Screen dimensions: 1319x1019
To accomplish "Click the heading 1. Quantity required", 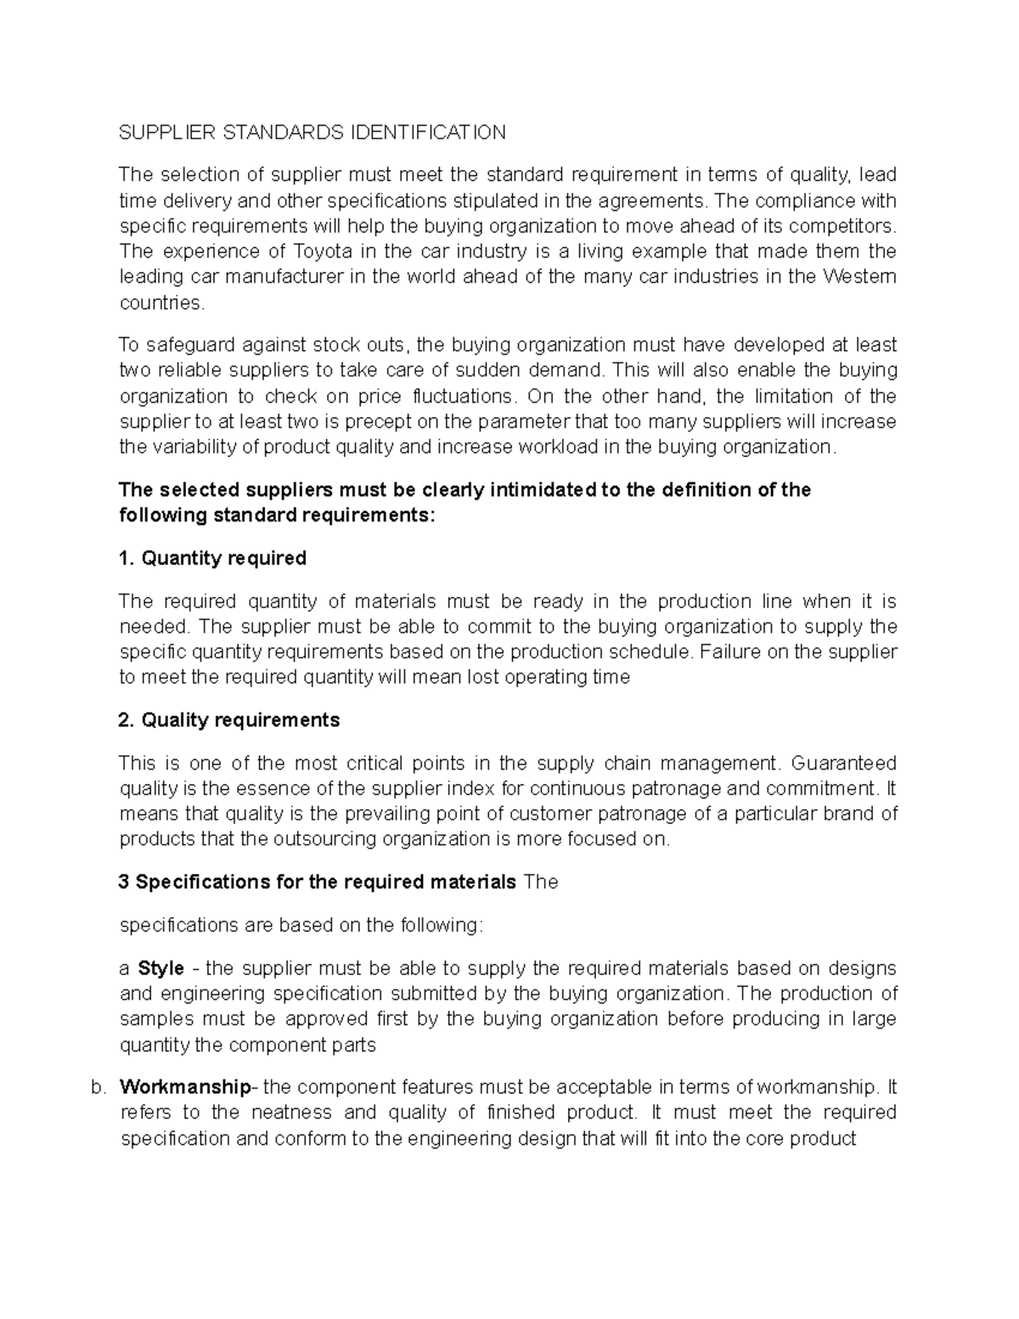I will point(212,558).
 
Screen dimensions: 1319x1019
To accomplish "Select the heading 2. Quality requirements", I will point(229,720).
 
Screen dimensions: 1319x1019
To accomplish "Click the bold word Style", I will point(161,968).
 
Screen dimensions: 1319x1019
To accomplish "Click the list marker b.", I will point(96,1088).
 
